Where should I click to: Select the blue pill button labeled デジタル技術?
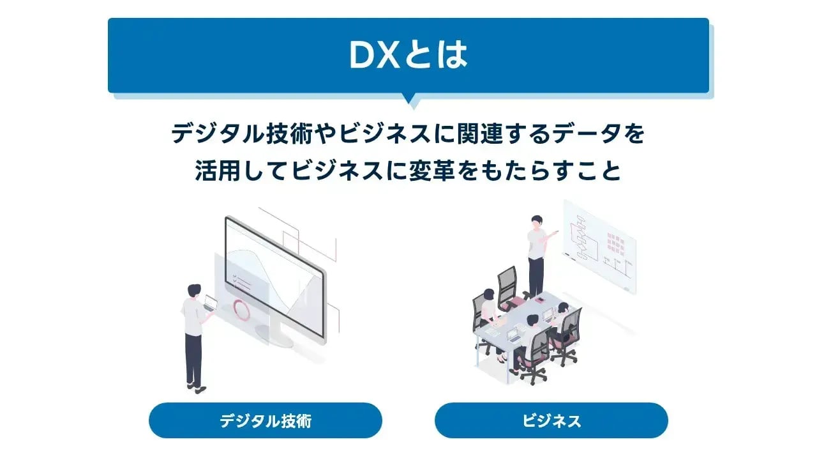pyautogui.click(x=266, y=420)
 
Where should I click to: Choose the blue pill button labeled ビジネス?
pyautogui.click(x=551, y=420)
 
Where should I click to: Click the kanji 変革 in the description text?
pyautogui.click(x=426, y=171)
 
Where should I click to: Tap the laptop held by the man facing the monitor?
pyautogui.click(x=211, y=303)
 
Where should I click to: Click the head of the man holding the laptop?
pyautogui.click(x=193, y=290)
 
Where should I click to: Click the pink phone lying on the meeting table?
pyautogui.click(x=539, y=300)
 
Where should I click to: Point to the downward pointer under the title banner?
pyautogui.click(x=408, y=100)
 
